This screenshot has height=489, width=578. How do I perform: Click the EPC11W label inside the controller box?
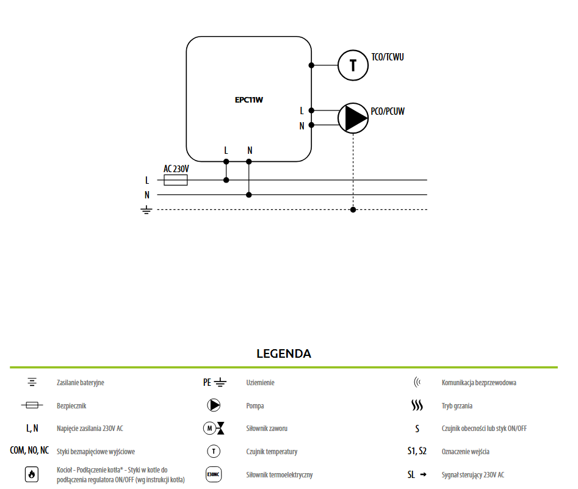click(x=249, y=100)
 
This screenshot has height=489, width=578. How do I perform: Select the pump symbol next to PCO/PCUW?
click(x=353, y=118)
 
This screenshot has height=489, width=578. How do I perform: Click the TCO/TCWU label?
click(x=388, y=57)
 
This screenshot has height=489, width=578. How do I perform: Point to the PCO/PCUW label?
click(x=388, y=111)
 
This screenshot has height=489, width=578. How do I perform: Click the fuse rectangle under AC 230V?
click(x=175, y=180)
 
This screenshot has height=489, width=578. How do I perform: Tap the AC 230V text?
click(x=176, y=168)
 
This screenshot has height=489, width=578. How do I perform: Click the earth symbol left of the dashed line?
click(x=146, y=210)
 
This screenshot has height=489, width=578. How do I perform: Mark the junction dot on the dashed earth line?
click(x=353, y=209)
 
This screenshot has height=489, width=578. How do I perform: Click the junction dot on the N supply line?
click(x=249, y=195)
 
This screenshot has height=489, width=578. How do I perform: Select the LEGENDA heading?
click(x=284, y=353)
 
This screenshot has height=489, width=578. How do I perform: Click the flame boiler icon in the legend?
click(x=32, y=474)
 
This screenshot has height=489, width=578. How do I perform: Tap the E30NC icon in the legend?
click(x=214, y=474)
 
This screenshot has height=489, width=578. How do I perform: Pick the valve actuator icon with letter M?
click(x=214, y=428)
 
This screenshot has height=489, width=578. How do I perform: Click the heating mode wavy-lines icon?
click(x=417, y=405)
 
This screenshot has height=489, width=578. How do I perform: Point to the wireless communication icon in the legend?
click(x=417, y=382)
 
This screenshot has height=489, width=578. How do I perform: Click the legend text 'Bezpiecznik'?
click(x=71, y=405)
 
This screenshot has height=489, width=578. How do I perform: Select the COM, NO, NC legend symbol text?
click(x=29, y=451)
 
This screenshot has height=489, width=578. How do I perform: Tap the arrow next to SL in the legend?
click(x=423, y=474)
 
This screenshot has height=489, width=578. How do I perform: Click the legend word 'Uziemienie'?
click(x=260, y=382)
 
